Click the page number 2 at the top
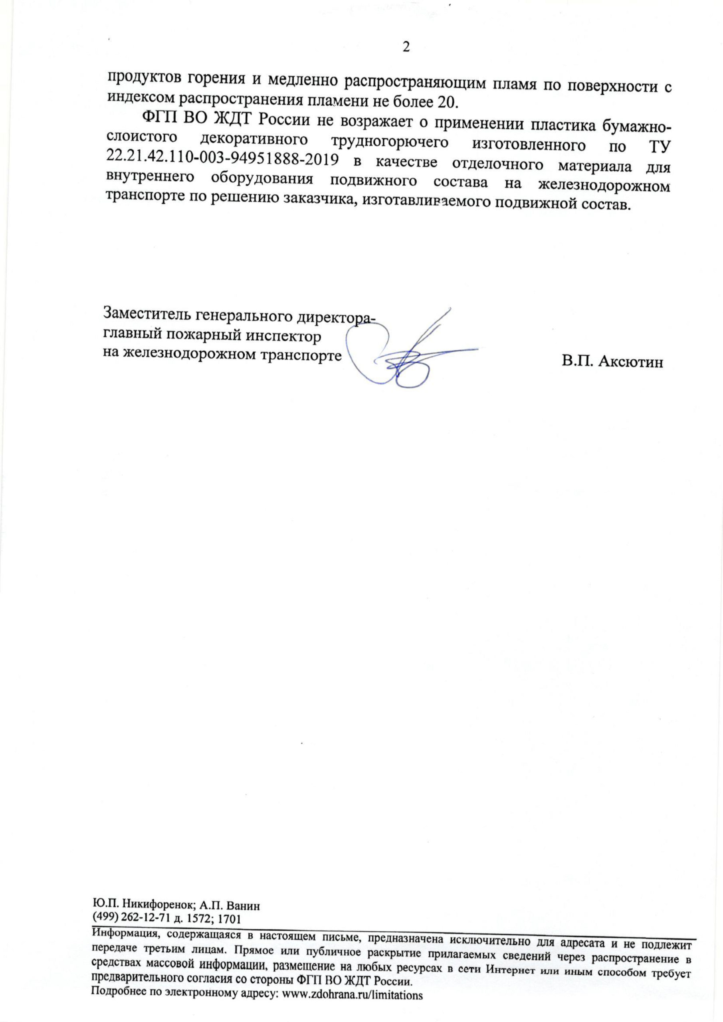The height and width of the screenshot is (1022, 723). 406,47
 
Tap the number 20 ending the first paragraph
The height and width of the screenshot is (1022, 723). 445,102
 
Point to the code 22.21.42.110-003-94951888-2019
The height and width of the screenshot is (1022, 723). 221,158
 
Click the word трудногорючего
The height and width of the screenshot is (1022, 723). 389,142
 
